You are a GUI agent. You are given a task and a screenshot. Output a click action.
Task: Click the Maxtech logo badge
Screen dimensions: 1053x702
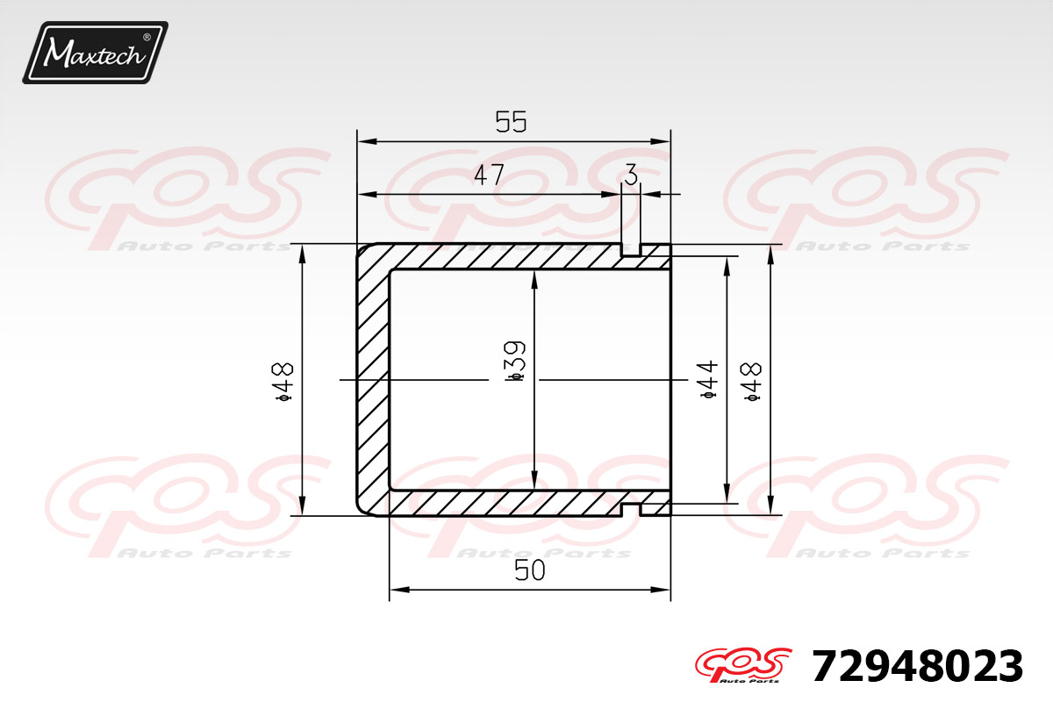(96, 53)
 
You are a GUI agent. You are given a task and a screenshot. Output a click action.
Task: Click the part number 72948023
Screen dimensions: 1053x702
(917, 666)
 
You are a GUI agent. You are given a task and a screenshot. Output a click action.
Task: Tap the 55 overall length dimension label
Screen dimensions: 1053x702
(511, 122)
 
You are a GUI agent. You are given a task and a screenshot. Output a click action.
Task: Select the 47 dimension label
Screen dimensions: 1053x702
(489, 175)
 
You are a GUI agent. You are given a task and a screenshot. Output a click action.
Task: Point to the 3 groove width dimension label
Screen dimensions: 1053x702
(631, 175)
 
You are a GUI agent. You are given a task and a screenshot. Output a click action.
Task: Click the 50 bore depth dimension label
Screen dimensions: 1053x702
(530, 570)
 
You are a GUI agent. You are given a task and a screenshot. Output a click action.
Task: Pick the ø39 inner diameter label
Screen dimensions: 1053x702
(515, 362)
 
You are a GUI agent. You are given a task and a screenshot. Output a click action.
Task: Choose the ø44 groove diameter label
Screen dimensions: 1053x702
(709, 380)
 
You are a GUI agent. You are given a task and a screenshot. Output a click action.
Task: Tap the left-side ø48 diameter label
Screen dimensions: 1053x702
(283, 382)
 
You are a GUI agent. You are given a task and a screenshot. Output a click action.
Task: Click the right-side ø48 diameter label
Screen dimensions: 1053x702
(752, 382)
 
